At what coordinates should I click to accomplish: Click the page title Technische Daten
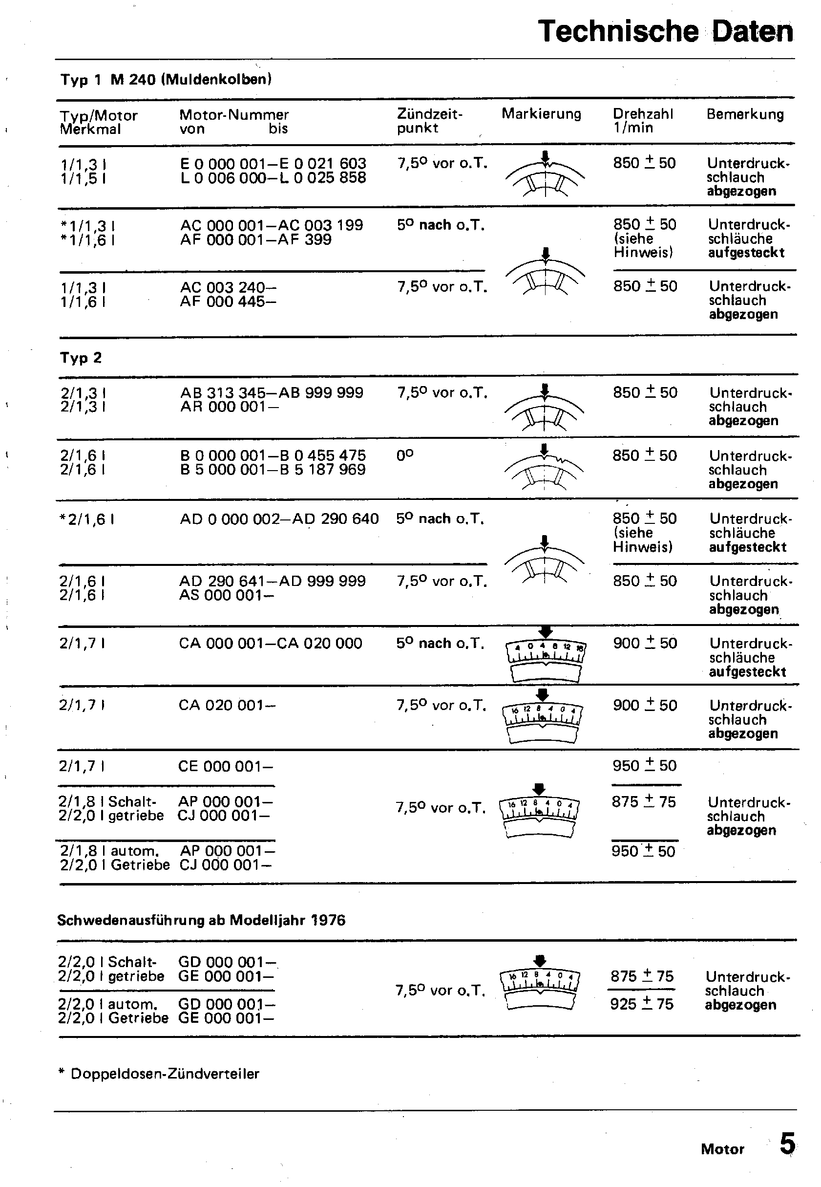pyautogui.click(x=665, y=31)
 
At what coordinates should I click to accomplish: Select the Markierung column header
pyautogui.click(x=541, y=114)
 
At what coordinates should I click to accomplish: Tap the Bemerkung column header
pyautogui.click(x=745, y=114)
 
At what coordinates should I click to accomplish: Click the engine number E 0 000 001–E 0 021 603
pyautogui.click(x=273, y=164)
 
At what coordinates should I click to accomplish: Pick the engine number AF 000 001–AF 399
pyautogui.click(x=255, y=239)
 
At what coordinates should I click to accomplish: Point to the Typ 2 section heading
pyautogui.click(x=81, y=358)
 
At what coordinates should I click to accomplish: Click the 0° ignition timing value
pyautogui.click(x=405, y=455)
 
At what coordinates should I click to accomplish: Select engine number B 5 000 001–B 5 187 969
pyautogui.click(x=273, y=470)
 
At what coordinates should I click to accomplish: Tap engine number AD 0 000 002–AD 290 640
pyautogui.click(x=279, y=518)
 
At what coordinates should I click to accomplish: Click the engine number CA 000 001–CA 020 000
pyautogui.click(x=271, y=643)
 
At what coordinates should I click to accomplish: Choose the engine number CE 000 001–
pyautogui.click(x=225, y=766)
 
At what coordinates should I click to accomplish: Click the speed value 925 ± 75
pyautogui.click(x=641, y=1003)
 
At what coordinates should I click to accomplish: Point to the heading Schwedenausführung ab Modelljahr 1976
pyautogui.click(x=201, y=920)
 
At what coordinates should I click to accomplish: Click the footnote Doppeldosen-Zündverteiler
pyautogui.click(x=165, y=1073)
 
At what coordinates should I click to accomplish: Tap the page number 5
pyautogui.click(x=787, y=1144)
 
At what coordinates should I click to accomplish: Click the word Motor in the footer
pyautogui.click(x=722, y=1149)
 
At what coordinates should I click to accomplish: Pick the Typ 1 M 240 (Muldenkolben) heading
pyautogui.click(x=166, y=79)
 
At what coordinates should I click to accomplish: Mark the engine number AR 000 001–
pyautogui.click(x=230, y=407)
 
